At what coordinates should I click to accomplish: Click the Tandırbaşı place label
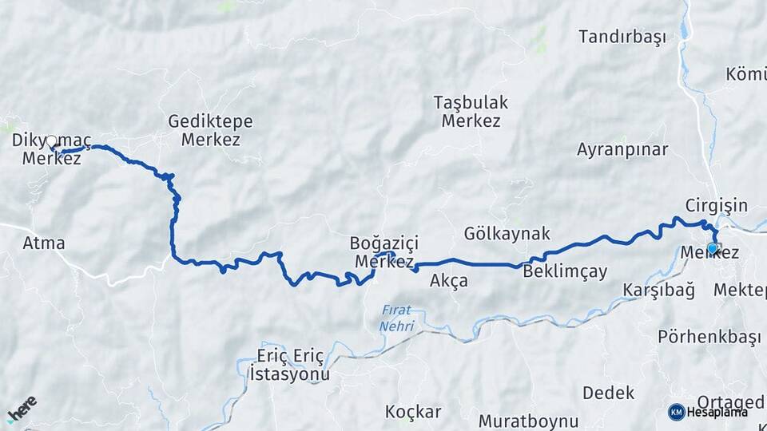pyautogui.click(x=622, y=38)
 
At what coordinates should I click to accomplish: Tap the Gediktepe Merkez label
pyautogui.click(x=210, y=130)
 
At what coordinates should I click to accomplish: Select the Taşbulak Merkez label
pyautogui.click(x=471, y=112)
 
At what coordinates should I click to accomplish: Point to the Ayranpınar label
pyautogui.click(x=622, y=149)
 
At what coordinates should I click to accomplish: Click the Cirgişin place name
pyautogui.click(x=716, y=205)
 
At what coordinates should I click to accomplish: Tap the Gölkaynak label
pyautogui.click(x=507, y=234)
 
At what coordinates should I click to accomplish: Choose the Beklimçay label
pyautogui.click(x=565, y=271)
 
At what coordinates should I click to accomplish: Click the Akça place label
pyautogui.click(x=448, y=281)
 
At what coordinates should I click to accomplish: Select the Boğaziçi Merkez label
pyautogui.click(x=383, y=251)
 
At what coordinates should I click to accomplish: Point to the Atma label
pyautogui.click(x=44, y=243)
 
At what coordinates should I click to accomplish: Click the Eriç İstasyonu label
pyautogui.click(x=289, y=364)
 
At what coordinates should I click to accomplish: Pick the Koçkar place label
pyautogui.click(x=413, y=412)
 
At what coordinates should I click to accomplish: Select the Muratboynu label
pyautogui.click(x=528, y=420)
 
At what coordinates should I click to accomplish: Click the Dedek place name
pyautogui.click(x=608, y=393)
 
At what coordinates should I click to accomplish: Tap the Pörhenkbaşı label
pyautogui.click(x=709, y=337)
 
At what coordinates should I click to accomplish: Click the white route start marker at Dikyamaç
pyautogui.click(x=52, y=142)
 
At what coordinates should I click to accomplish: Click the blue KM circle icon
pyautogui.click(x=676, y=412)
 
